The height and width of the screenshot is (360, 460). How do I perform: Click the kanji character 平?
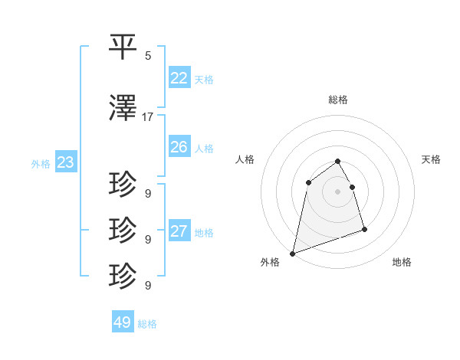(x=123, y=47)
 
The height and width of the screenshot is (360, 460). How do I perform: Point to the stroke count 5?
(x=148, y=55)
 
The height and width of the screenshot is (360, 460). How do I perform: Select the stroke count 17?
(x=148, y=117)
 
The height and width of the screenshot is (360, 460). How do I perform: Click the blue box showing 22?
(x=179, y=77)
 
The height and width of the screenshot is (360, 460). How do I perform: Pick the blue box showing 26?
(x=179, y=147)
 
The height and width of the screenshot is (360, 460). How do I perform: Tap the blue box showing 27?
(x=179, y=231)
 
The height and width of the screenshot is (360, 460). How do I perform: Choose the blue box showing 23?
(x=65, y=162)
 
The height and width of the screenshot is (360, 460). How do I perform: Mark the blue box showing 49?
(x=123, y=322)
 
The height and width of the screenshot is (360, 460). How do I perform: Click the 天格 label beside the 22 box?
(x=204, y=79)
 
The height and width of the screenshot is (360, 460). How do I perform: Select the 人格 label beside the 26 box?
(x=204, y=149)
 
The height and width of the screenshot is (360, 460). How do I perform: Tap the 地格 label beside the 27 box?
(x=204, y=233)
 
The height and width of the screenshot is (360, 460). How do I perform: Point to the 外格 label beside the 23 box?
(x=40, y=163)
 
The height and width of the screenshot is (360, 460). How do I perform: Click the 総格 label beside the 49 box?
(x=147, y=324)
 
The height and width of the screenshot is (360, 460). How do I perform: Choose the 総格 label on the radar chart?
(x=338, y=100)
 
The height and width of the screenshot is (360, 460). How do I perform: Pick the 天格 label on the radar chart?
(x=432, y=159)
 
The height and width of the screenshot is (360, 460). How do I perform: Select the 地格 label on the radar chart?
(x=402, y=262)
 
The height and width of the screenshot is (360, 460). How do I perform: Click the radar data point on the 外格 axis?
(x=292, y=253)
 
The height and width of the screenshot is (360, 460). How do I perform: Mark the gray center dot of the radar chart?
(x=337, y=191)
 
